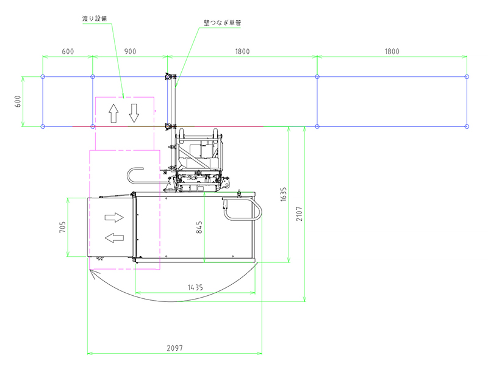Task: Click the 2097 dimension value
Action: click(174, 348)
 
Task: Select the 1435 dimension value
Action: click(195, 287)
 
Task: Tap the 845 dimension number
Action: click(199, 227)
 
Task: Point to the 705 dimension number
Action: click(62, 227)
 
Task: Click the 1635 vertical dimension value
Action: click(283, 194)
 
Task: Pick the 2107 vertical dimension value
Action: click(299, 214)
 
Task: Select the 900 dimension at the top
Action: click(130, 51)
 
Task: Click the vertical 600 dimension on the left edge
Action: click(18, 101)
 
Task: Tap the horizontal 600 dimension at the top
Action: click(68, 51)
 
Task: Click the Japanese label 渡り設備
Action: click(95, 18)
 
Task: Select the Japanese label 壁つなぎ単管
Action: click(222, 23)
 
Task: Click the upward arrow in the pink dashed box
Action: click(113, 113)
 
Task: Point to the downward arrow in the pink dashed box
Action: click(134, 113)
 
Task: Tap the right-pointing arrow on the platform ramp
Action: click(114, 217)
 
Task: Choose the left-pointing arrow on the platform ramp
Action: click(114, 238)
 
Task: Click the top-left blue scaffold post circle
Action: click(43, 77)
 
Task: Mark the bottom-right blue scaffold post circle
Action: click(467, 126)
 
